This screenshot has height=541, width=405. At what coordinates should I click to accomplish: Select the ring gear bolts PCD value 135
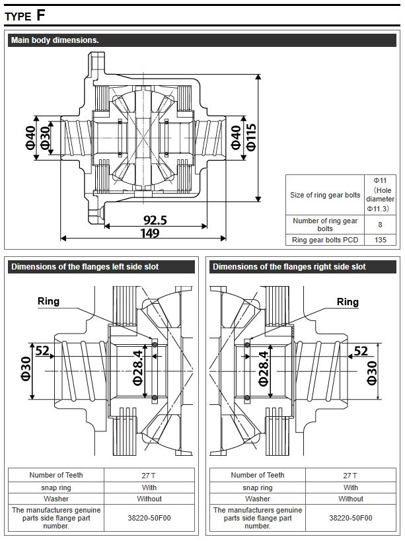coord(380,240)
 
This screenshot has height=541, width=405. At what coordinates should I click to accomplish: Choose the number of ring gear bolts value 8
coord(380,225)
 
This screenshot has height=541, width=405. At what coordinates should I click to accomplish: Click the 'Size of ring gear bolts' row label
coord(325,195)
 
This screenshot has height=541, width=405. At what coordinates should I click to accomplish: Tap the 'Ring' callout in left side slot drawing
coord(48,301)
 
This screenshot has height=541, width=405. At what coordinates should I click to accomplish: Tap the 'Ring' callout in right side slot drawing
coord(348,302)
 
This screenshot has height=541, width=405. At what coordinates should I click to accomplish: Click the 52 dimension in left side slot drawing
coord(43,351)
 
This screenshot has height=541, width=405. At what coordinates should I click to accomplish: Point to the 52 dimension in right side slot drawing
coord(361,351)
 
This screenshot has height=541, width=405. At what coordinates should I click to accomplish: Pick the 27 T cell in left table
coord(149,475)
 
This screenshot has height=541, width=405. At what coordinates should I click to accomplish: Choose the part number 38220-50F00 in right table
coord(351,519)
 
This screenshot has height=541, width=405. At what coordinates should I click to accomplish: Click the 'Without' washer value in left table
coord(149,499)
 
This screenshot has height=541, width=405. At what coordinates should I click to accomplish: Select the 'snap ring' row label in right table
coord(258,487)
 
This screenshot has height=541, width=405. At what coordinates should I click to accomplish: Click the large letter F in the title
coord(41,15)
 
